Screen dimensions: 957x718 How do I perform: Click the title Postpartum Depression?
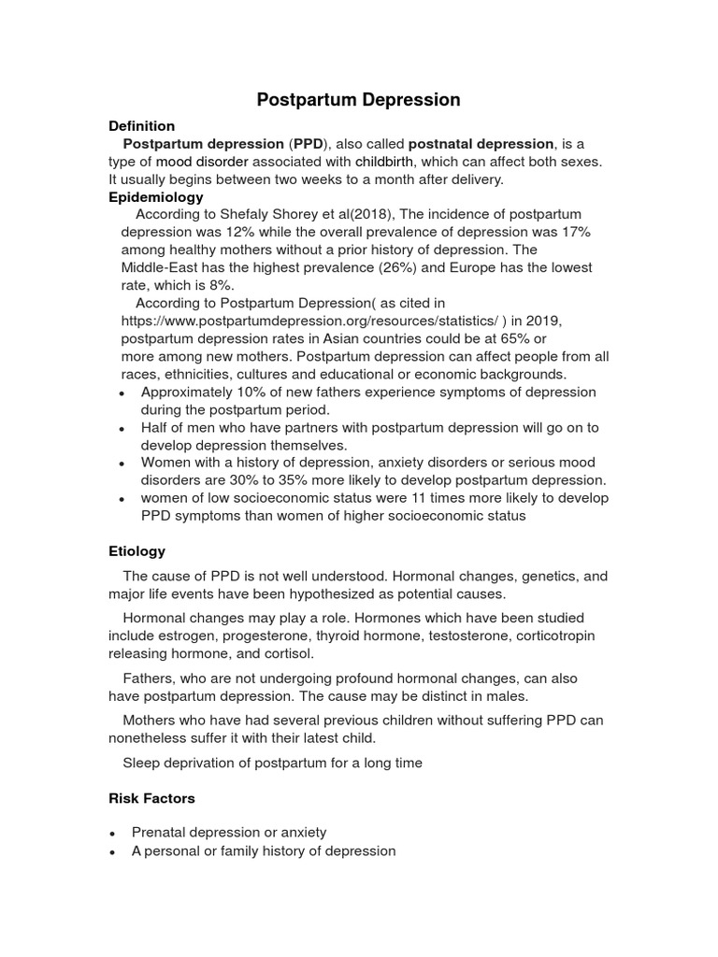(x=359, y=99)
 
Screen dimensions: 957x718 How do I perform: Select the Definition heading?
(x=141, y=125)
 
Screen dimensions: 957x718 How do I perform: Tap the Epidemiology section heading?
(x=155, y=197)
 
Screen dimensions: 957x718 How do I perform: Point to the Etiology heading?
(x=136, y=551)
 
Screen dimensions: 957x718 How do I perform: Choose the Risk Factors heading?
(x=151, y=799)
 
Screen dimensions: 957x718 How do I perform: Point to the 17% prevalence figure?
(x=575, y=233)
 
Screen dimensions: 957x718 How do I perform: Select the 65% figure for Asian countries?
(x=508, y=339)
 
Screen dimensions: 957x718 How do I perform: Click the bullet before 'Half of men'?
(x=122, y=429)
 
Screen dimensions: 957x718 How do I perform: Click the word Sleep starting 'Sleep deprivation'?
(x=141, y=763)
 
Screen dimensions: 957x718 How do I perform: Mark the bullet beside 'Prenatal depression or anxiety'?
(x=113, y=834)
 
